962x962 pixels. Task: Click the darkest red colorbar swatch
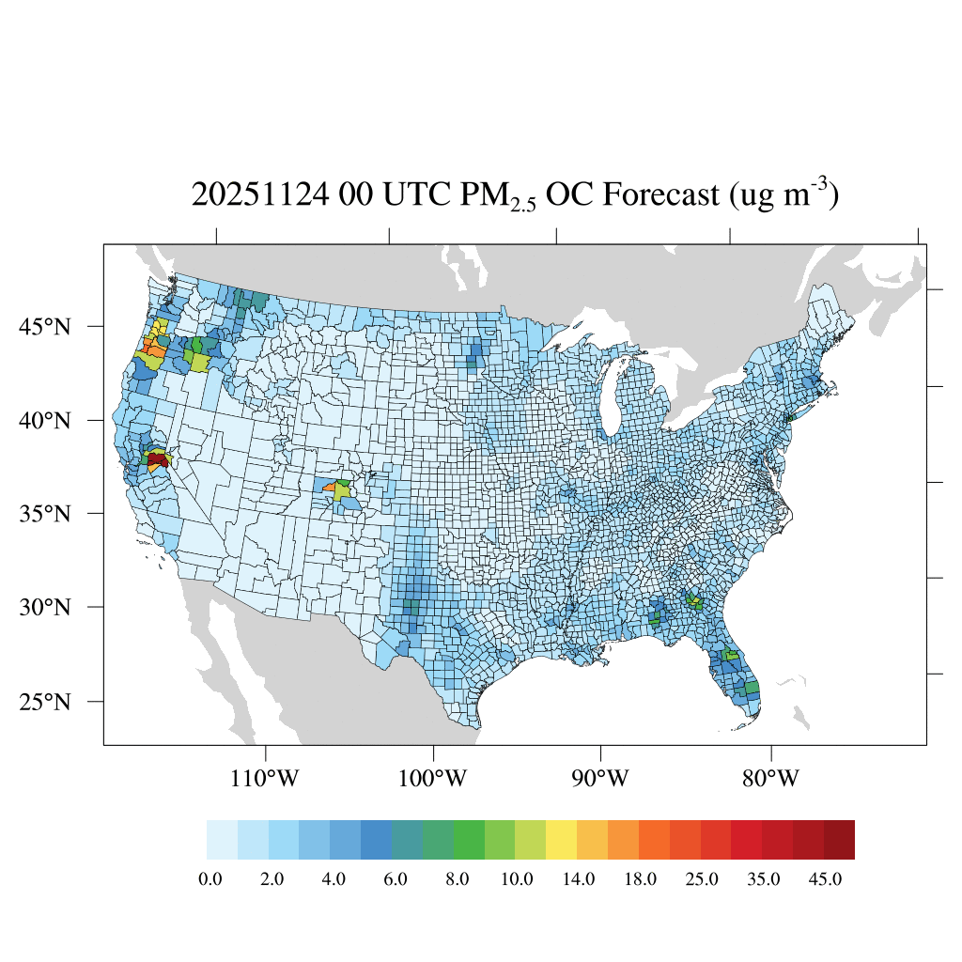click(839, 840)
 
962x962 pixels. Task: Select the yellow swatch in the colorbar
click(561, 840)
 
